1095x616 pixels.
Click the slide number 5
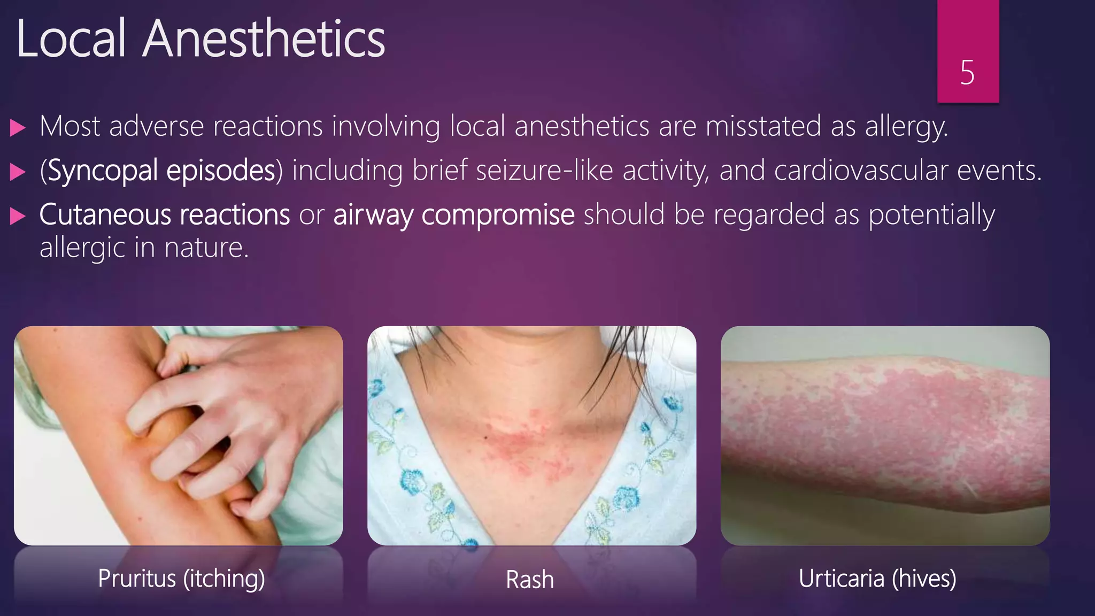[967, 73]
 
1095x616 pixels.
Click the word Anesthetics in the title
[263, 39]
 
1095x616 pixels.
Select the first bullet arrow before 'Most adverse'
[18, 128]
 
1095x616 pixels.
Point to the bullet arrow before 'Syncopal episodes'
[18, 172]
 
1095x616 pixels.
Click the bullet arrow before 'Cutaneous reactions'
[18, 216]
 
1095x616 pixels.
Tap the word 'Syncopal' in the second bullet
[102, 171]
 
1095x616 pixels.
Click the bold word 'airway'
[373, 215]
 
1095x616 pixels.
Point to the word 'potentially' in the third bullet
[931, 215]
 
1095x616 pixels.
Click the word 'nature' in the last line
[206, 248]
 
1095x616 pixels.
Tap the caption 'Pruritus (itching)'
[181, 579]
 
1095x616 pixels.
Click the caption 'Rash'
[530, 580]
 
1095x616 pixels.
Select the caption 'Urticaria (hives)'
[877, 579]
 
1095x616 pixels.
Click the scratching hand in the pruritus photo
[225, 406]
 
